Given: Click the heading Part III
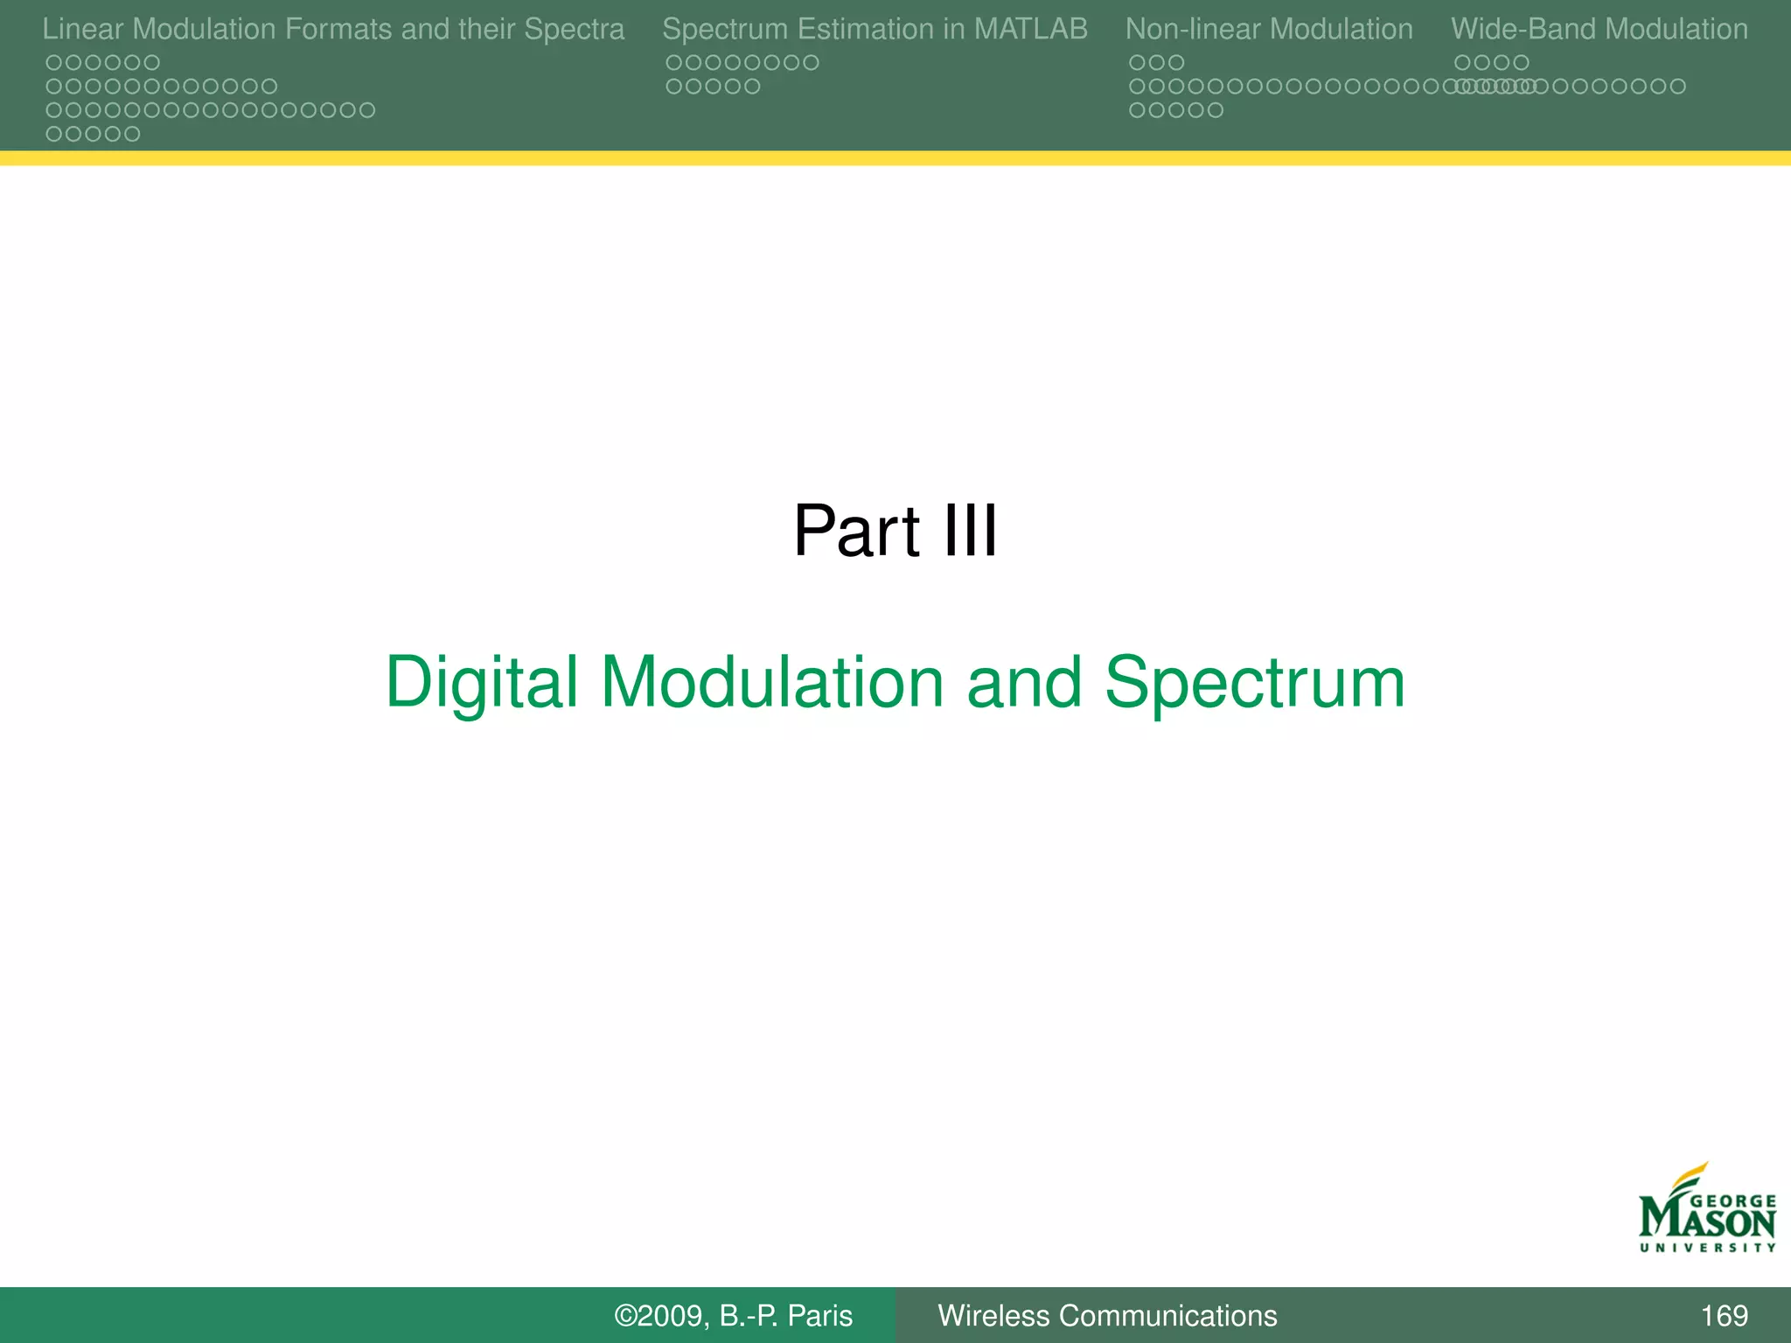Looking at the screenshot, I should click(895, 531).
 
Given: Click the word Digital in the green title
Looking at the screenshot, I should click(482, 683).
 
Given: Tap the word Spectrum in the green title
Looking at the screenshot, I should click(1254, 683).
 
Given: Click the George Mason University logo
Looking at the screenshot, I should click(1706, 1210).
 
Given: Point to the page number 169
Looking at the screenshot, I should click(1724, 1315).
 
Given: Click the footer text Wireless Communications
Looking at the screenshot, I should click(1107, 1315).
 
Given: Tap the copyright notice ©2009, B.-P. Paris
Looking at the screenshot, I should click(733, 1315).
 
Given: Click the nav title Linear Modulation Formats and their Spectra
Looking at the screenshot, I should click(333, 29).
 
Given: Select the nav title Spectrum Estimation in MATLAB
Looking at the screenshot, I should click(875, 29).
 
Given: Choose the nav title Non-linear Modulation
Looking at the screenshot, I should click(1269, 29).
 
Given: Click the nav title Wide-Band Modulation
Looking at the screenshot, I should click(1599, 29).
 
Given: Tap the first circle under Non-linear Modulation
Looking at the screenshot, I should click(1137, 63).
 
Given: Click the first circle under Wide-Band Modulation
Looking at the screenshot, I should click(1462, 63).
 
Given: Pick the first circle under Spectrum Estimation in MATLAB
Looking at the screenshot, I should click(673, 63).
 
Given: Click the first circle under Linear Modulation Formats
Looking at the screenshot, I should click(53, 63).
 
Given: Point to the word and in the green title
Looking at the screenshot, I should click(1023, 683).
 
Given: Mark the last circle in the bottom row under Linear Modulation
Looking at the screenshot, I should click(132, 135).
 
